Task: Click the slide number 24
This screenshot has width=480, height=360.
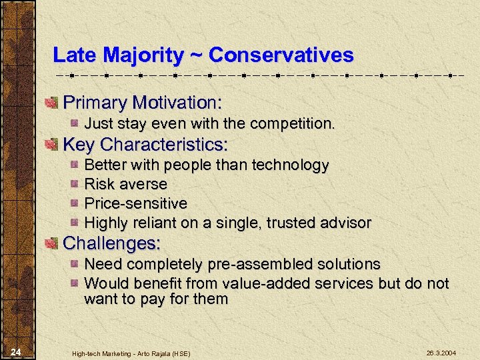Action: tap(17, 351)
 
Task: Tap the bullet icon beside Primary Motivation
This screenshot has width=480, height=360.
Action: tap(51, 103)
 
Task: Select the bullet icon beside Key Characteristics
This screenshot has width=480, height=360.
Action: tap(51, 145)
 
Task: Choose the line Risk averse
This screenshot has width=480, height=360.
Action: tap(125, 183)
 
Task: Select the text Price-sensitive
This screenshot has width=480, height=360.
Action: tap(136, 203)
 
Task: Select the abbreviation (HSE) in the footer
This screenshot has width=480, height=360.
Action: tap(179, 353)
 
